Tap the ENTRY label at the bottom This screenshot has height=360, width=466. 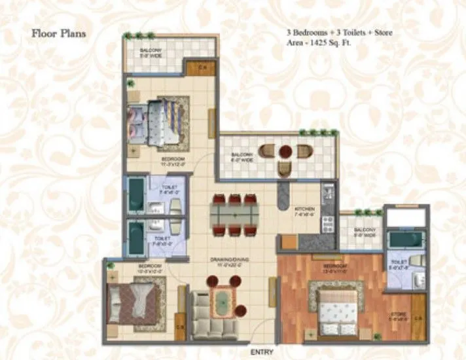click(262, 351)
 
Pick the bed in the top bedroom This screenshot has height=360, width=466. click(162, 120)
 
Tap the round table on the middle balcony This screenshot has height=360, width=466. click(284, 152)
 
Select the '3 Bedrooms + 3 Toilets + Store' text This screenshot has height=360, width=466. click(338, 31)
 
